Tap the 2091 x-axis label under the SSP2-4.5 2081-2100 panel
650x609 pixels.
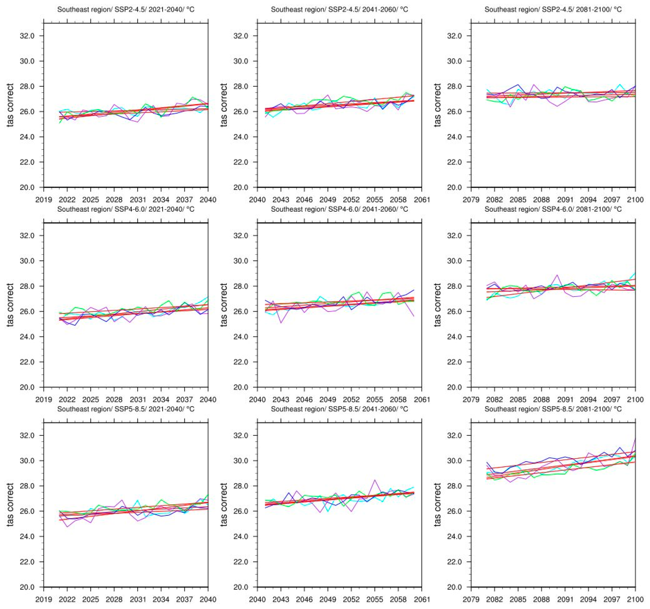coord(565,199)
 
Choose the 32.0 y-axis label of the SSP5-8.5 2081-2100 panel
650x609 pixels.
coord(455,436)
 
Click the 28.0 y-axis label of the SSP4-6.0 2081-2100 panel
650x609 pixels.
coord(455,286)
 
